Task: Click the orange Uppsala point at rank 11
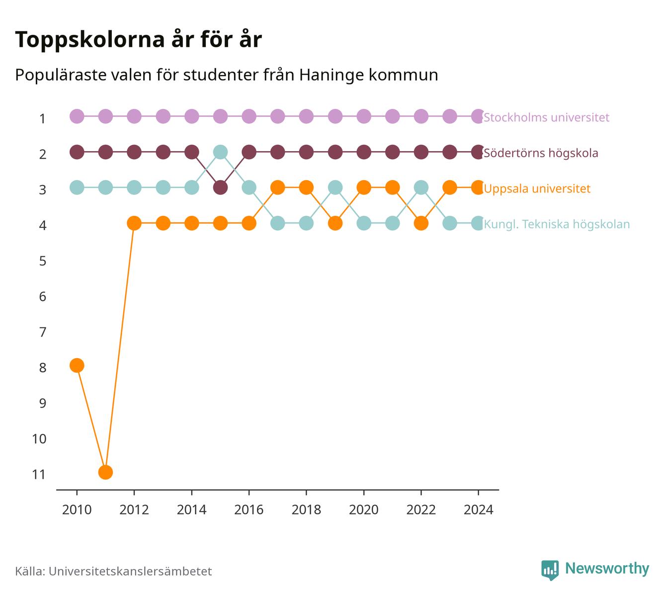point(105,472)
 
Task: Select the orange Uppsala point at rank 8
point(77,365)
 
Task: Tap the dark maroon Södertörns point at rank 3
point(220,188)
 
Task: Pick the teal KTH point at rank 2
point(220,152)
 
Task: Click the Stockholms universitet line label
point(546,117)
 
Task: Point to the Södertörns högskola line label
point(541,153)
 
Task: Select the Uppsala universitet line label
point(537,189)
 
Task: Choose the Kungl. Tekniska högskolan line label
point(557,224)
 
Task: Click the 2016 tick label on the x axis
point(249,510)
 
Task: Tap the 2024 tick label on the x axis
point(478,510)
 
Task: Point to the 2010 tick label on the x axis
point(77,510)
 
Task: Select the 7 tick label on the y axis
point(43,332)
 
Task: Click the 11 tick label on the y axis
point(39,475)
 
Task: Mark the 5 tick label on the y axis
point(43,261)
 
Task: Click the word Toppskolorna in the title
point(90,40)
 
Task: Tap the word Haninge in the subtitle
point(332,75)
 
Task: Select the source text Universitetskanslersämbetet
point(130,571)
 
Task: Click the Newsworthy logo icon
point(550,570)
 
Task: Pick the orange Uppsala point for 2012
point(134,223)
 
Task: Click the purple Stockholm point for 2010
point(77,116)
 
